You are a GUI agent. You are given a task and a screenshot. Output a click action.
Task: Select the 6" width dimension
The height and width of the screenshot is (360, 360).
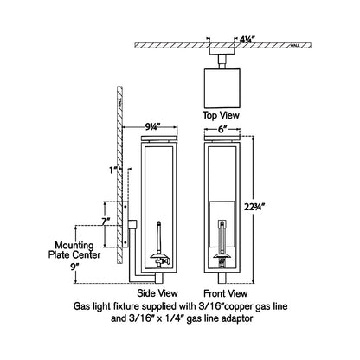(x=221, y=130)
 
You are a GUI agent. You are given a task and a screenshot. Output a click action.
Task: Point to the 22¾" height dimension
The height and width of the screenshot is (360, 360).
(x=254, y=207)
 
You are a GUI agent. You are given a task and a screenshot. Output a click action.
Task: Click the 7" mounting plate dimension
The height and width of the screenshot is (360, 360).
(x=106, y=222)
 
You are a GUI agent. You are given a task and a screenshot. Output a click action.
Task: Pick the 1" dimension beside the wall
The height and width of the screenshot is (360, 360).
(x=112, y=170)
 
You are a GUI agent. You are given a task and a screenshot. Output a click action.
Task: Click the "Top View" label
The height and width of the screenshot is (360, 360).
(x=221, y=115)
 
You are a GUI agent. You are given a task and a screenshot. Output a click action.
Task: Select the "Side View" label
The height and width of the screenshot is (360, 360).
(x=157, y=293)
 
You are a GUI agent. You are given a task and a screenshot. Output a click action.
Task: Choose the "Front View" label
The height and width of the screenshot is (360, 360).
(x=226, y=293)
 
